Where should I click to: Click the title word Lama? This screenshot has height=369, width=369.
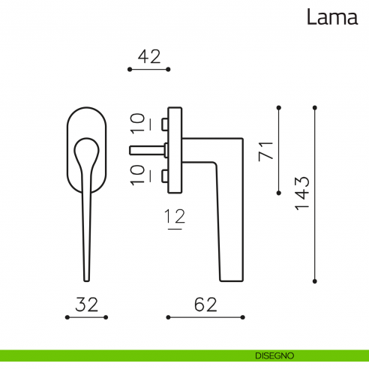[x=331, y=17]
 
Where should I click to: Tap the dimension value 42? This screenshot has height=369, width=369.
[x=149, y=56]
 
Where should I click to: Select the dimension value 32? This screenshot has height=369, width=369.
[x=87, y=304]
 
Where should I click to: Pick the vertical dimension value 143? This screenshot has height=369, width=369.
[x=302, y=193]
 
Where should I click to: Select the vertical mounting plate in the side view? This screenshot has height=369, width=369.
[x=177, y=148]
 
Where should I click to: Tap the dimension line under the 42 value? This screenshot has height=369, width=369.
[x=149, y=69]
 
